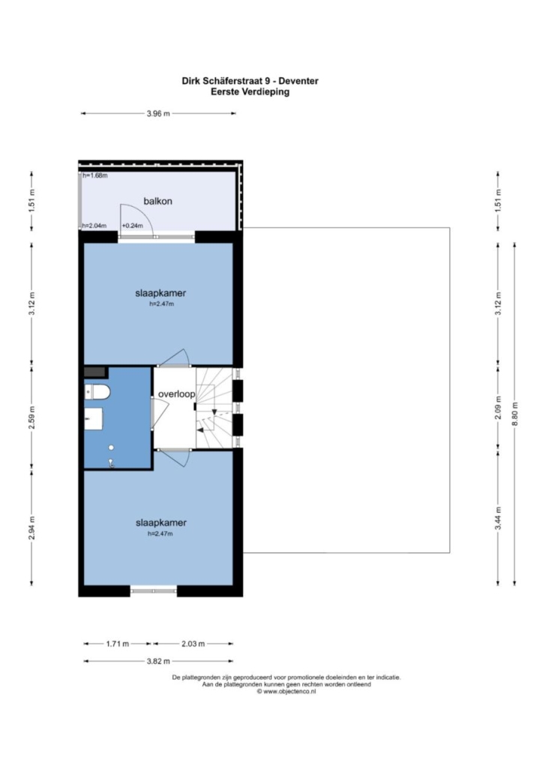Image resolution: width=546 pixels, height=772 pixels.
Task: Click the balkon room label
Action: [x=157, y=201]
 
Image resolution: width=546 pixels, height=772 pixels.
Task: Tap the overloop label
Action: [x=176, y=394]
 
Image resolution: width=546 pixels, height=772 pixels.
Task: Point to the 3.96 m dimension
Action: [x=158, y=113]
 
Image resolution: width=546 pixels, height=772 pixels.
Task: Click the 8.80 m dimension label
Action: [x=515, y=415]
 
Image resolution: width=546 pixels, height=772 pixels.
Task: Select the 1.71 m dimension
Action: [x=117, y=644]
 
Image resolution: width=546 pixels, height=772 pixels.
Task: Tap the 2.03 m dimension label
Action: [x=193, y=644]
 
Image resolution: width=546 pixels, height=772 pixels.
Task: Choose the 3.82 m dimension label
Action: [x=158, y=661]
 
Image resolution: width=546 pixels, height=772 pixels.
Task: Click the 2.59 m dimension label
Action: [x=31, y=417]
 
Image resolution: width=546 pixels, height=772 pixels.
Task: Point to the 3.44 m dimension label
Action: [x=498, y=519]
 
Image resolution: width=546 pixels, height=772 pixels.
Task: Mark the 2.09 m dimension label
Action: [x=498, y=408]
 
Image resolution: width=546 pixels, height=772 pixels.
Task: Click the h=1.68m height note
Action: [x=95, y=175]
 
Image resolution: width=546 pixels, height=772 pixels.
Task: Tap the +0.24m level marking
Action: [x=132, y=226]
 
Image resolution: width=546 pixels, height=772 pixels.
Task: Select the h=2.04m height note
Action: [x=94, y=226]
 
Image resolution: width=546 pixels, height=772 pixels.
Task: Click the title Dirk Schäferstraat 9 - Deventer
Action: [x=250, y=81]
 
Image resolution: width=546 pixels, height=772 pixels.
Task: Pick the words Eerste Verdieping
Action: [x=250, y=91]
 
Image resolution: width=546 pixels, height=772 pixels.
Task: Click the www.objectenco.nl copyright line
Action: [x=286, y=691]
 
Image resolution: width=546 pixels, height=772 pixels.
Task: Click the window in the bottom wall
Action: [x=154, y=591]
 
